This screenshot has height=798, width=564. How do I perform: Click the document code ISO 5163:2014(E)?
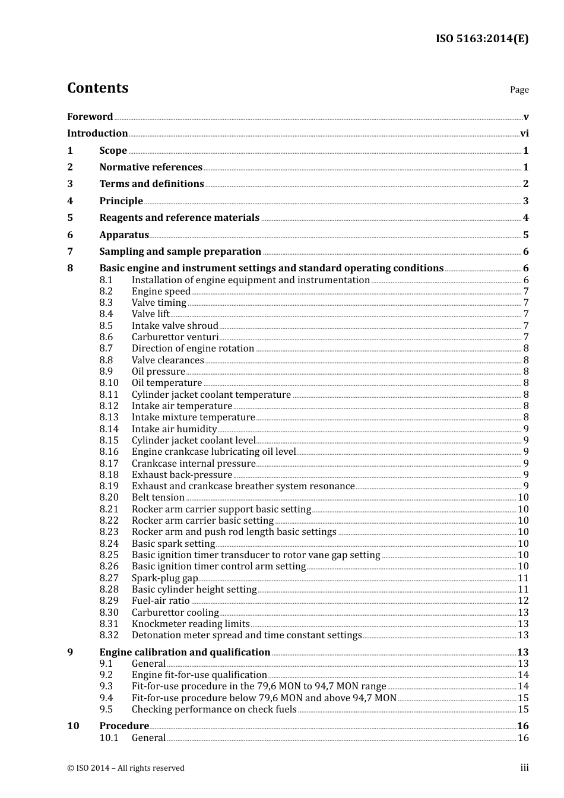point(481,39)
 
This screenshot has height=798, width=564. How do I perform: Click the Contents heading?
point(97,88)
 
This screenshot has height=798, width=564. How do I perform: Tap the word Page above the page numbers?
point(519,90)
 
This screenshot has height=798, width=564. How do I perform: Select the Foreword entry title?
point(90,116)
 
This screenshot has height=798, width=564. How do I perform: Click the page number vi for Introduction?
point(524,134)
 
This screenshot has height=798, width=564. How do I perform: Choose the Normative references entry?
point(151,167)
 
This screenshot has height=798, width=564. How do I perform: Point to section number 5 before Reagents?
point(70,218)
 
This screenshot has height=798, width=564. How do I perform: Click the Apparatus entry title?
point(124,235)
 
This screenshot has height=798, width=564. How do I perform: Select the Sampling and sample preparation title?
point(180,252)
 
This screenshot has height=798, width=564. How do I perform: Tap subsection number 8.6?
point(106,337)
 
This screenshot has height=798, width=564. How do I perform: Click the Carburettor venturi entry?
point(175,337)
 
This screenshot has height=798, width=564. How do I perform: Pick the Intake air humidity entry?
point(174,429)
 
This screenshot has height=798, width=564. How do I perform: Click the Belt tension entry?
point(158,498)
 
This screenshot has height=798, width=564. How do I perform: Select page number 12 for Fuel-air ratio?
point(522,601)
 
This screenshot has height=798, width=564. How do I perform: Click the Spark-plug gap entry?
point(164,578)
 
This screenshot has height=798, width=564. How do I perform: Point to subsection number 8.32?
point(109,635)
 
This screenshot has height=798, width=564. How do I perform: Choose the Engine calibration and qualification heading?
point(185,653)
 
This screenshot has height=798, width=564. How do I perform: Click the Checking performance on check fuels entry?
point(214,710)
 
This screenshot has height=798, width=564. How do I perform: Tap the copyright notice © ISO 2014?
point(126,768)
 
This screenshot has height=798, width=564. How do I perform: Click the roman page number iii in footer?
point(524,768)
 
